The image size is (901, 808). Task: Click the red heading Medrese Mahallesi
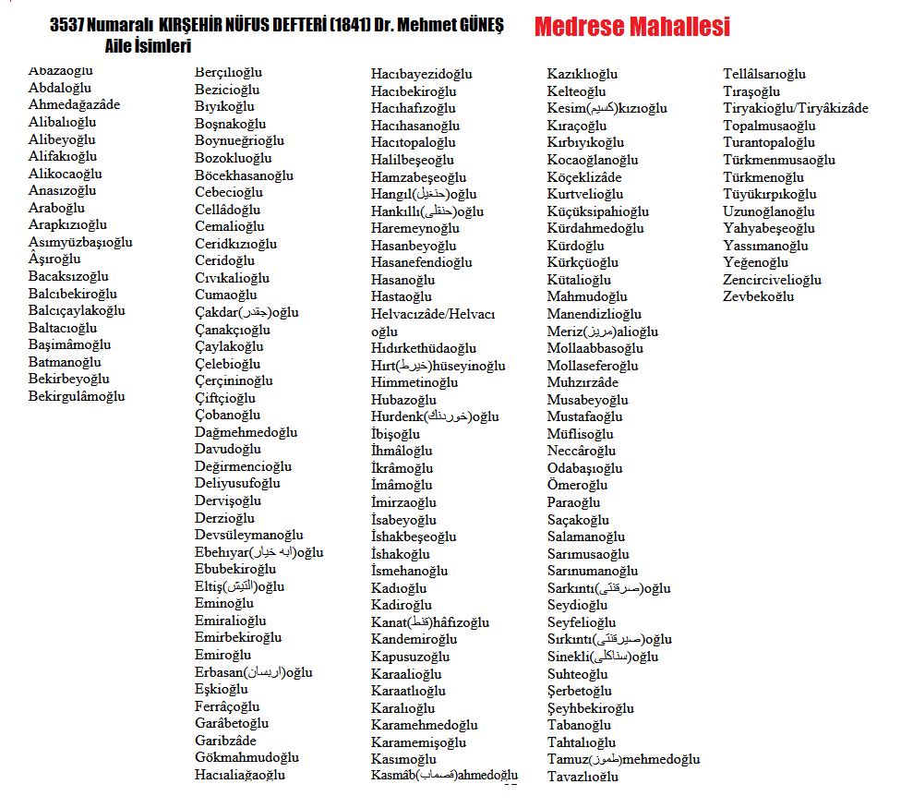pos(631,27)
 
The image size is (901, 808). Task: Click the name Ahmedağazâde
pos(74,105)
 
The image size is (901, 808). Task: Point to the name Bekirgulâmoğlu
pos(77,397)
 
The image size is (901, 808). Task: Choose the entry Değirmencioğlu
pos(243,466)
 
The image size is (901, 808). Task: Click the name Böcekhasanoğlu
pos(244,175)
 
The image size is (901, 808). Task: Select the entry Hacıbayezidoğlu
pos(421,74)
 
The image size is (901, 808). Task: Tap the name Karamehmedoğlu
pos(424,725)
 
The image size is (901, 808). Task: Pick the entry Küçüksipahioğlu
pos(597,211)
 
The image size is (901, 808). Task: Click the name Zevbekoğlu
pos(758,297)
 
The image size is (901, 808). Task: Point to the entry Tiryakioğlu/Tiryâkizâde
pos(795,109)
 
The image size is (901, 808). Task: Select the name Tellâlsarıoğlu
pos(764,74)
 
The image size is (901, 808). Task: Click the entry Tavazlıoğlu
pos(583,777)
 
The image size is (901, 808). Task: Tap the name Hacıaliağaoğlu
pos(240,775)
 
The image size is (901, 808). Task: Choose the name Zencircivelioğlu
pos(772,280)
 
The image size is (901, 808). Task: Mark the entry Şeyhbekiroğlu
pos(590,708)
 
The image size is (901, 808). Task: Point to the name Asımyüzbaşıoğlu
pos(80,243)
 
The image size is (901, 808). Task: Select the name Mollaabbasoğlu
pos(595,349)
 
